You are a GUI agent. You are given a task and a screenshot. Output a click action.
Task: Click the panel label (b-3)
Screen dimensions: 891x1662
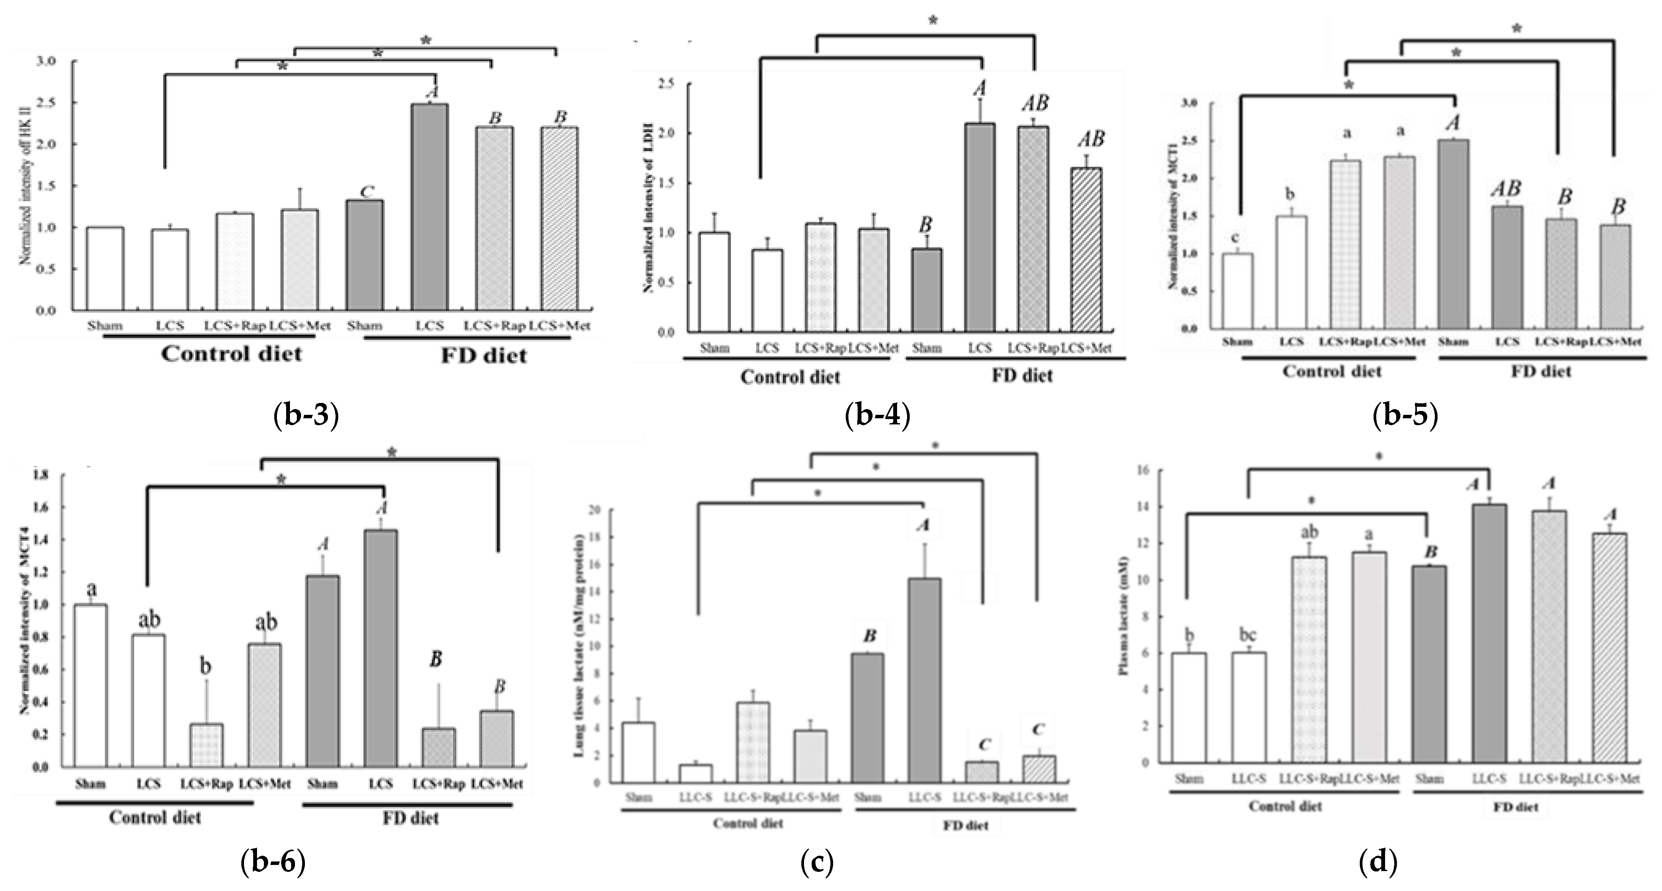click(x=306, y=416)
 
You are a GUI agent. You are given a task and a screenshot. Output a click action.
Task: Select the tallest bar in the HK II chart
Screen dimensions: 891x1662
click(x=430, y=207)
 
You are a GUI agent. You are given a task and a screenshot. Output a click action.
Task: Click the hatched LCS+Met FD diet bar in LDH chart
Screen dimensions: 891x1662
click(x=1087, y=250)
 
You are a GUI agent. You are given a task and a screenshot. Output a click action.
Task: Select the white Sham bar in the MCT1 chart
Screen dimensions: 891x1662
click(x=1238, y=291)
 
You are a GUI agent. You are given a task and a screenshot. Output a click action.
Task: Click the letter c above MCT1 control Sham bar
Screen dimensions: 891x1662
click(x=1236, y=238)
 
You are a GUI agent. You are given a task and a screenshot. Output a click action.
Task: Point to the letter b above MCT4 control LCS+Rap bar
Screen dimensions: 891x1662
click(x=205, y=666)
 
